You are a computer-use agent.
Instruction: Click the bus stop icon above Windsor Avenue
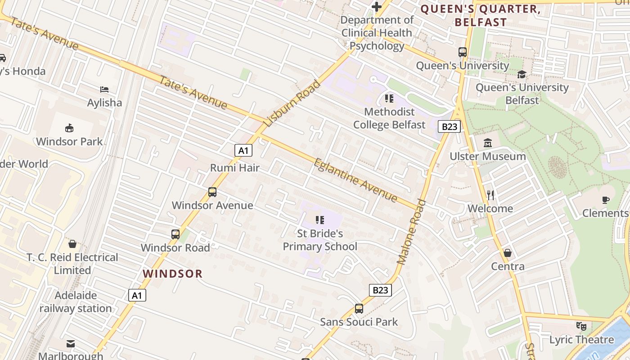click(x=212, y=192)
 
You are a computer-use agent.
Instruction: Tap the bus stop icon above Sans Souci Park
click(x=359, y=309)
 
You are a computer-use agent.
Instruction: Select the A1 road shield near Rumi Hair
click(x=243, y=150)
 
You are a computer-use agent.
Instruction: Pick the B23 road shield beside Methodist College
click(x=449, y=127)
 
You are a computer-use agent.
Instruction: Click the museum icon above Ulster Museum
click(x=488, y=143)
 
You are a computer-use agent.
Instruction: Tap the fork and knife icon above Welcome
click(x=490, y=195)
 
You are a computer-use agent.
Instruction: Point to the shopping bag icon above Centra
click(x=508, y=253)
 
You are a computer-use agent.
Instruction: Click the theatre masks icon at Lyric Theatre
click(x=581, y=326)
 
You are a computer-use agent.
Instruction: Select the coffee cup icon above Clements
click(x=606, y=200)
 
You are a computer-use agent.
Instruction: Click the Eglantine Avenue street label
click(x=355, y=180)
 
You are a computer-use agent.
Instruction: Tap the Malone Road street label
click(x=411, y=232)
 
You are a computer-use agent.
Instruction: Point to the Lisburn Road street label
click(x=292, y=103)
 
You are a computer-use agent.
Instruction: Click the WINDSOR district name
click(x=173, y=274)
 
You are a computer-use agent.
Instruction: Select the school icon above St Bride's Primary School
click(x=320, y=220)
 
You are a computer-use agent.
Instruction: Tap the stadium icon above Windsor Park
click(x=69, y=128)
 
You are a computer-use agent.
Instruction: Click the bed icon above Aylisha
click(x=104, y=90)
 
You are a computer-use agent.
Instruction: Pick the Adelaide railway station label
click(x=76, y=302)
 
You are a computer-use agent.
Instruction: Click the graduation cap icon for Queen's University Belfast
click(x=522, y=74)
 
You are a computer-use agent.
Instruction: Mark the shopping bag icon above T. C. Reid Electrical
click(x=72, y=244)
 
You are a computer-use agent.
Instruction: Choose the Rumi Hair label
click(x=235, y=168)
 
